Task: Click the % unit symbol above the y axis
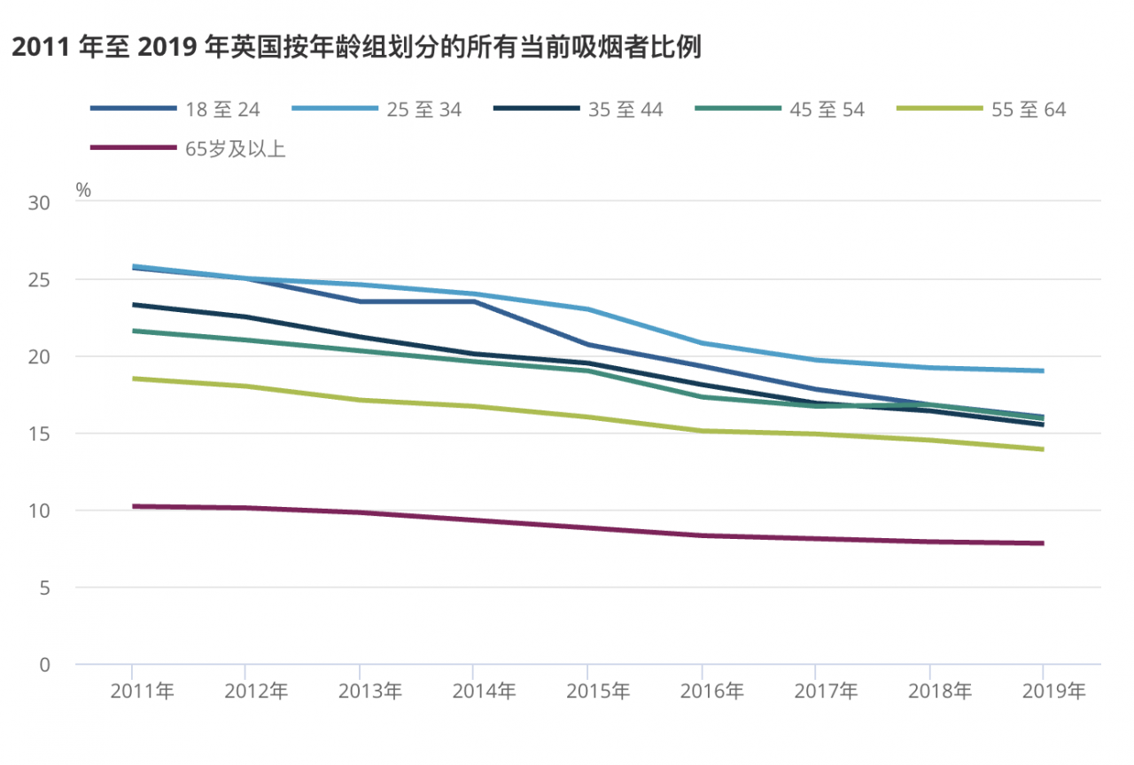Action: click(83, 189)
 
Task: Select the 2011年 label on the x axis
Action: click(143, 691)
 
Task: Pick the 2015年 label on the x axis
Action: click(598, 691)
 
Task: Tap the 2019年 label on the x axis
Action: click(1053, 691)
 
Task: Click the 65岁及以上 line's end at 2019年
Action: click(1043, 543)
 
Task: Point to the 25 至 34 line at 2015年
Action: click(587, 309)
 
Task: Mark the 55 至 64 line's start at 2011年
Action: click(133, 379)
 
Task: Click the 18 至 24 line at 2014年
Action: click(474, 301)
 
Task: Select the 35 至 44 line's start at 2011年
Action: click(133, 305)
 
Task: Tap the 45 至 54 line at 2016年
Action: click(702, 396)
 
